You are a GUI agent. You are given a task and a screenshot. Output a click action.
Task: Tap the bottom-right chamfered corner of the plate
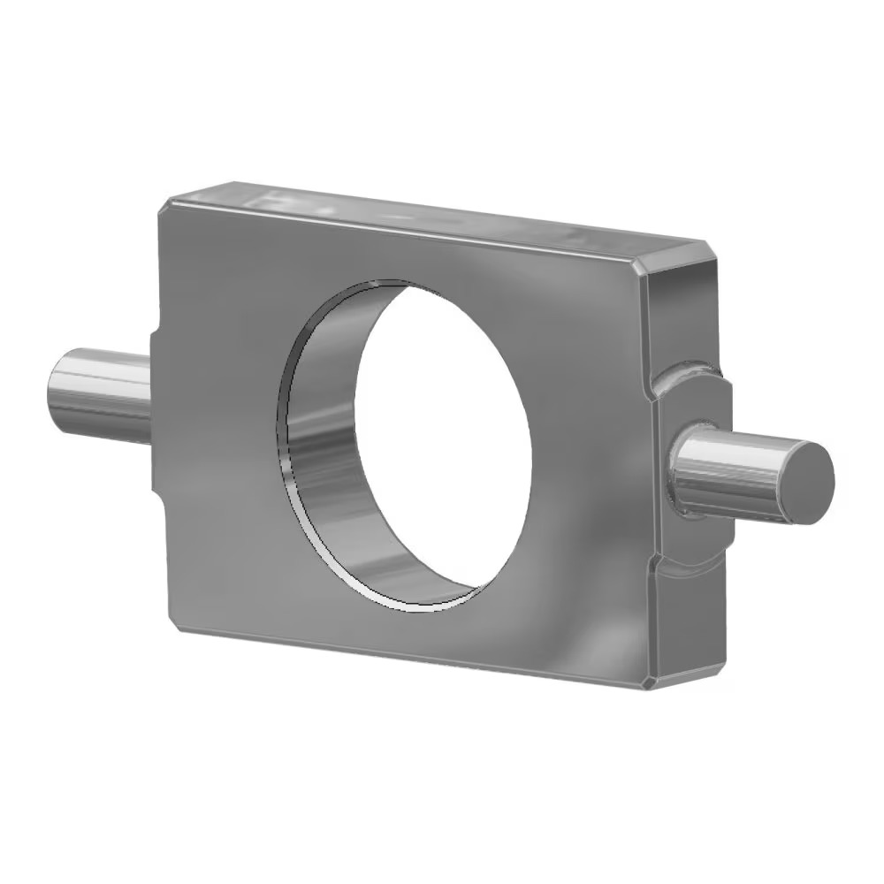[x=652, y=682]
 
